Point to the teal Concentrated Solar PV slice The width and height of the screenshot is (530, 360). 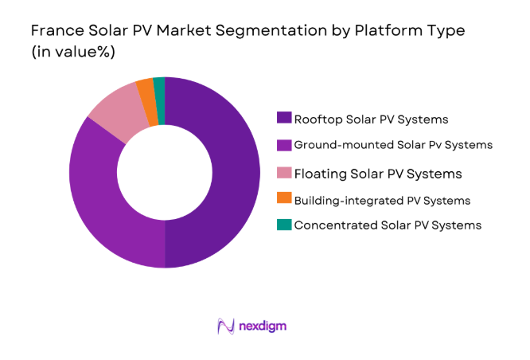coord(159,89)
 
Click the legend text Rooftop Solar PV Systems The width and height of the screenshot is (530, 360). coord(371,119)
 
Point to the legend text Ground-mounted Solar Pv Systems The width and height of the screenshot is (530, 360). coord(393,145)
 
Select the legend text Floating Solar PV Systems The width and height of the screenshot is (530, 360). coord(378,173)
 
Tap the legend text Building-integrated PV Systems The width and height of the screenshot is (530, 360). coord(382,200)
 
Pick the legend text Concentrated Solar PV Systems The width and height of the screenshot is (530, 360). coord(388,225)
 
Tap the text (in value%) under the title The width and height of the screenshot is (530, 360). coord(72,52)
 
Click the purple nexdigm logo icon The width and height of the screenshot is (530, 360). coord(226,326)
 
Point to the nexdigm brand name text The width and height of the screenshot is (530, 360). coord(263,327)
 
